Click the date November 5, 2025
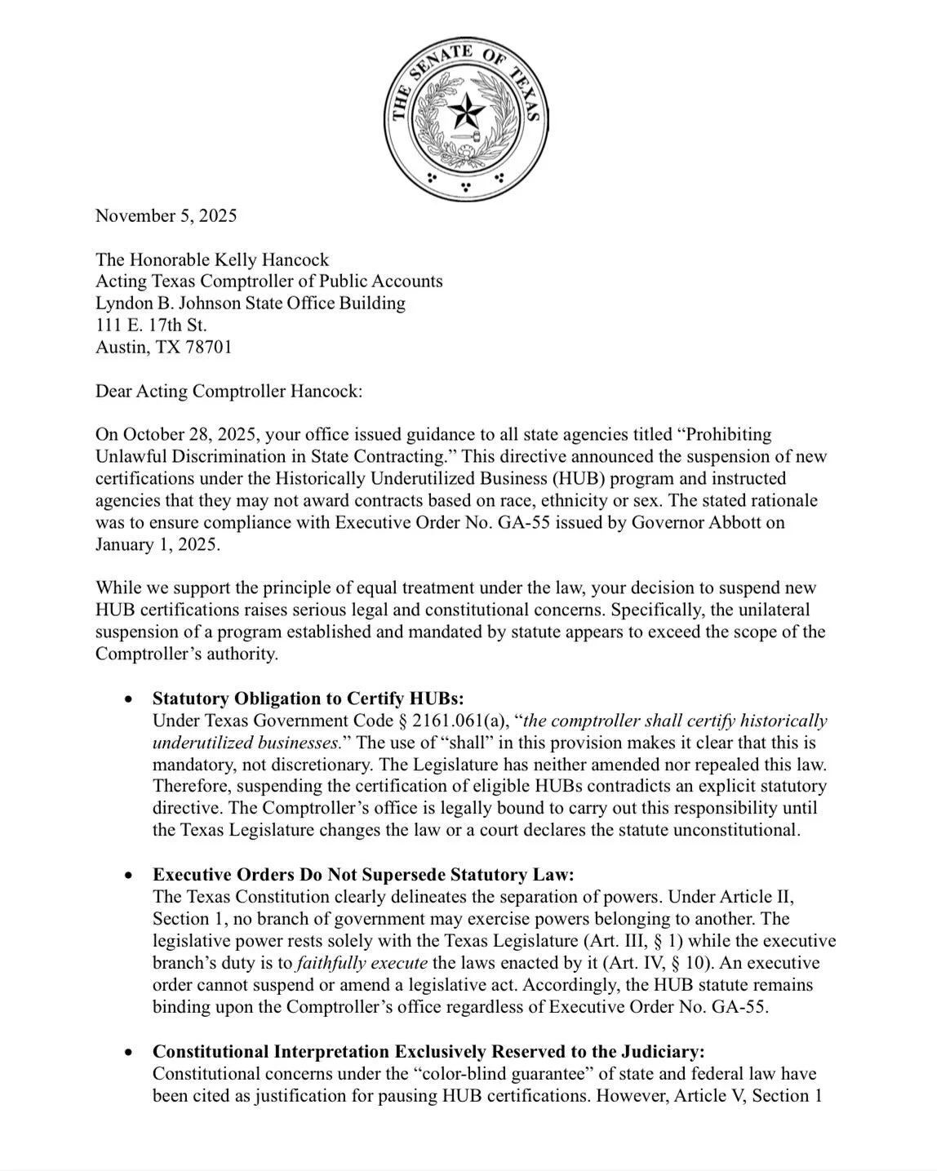pyautogui.click(x=166, y=215)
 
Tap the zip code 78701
pyautogui.click(x=209, y=347)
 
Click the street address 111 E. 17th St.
pyautogui.click(x=151, y=325)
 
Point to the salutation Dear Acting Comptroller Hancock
pyautogui.click(x=229, y=391)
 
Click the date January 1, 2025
pyautogui.click(x=157, y=544)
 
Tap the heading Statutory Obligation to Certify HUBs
pyautogui.click(x=308, y=699)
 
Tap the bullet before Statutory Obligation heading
pyautogui.click(x=128, y=699)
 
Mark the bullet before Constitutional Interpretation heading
pyautogui.click(x=128, y=1052)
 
